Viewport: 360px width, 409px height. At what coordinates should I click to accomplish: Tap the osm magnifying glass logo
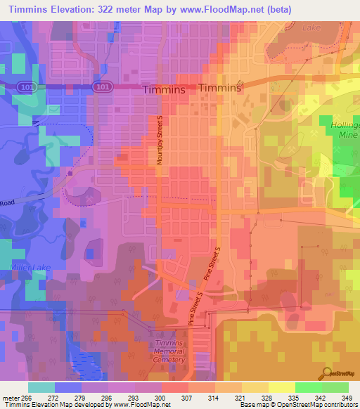[x=327, y=372]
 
